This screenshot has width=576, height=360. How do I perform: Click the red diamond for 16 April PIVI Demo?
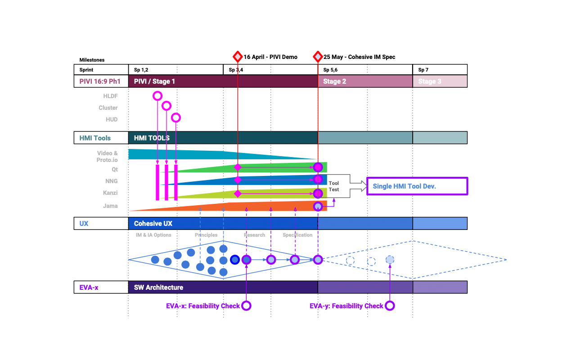[x=238, y=57]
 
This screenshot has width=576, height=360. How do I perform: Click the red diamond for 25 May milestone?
[x=318, y=57]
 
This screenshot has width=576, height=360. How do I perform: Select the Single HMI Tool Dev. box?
[x=417, y=186]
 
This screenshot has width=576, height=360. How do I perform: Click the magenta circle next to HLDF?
[x=157, y=95]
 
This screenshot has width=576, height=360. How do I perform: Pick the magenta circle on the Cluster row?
[x=166, y=106]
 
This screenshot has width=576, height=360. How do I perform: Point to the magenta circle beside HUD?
[x=176, y=117]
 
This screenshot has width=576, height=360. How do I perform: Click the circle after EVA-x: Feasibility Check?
[x=246, y=306]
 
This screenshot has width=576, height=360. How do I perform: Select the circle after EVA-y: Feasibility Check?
[x=390, y=306]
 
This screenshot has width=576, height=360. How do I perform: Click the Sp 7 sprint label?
[x=423, y=70]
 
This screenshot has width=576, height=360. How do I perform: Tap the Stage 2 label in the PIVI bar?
[x=334, y=81]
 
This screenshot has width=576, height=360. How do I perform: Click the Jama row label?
[x=110, y=206]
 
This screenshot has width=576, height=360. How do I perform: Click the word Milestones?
[x=92, y=60]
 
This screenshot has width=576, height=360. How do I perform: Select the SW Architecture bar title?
[x=158, y=287]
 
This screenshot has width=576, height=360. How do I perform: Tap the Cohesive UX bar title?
[x=153, y=223]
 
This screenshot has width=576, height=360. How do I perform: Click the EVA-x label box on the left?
[x=101, y=287]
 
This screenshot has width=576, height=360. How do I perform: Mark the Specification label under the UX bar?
[x=297, y=235]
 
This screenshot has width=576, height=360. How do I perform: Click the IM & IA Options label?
[x=153, y=235]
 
